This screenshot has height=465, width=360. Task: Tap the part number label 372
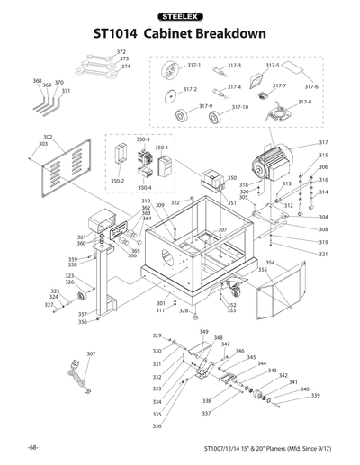click(x=121, y=52)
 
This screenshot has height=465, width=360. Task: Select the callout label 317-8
click(x=304, y=102)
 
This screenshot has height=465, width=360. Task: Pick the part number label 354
click(x=270, y=263)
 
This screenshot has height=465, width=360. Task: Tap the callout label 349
click(x=203, y=332)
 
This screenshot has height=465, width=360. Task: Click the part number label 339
click(x=315, y=396)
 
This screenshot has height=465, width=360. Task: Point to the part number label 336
click(x=157, y=426)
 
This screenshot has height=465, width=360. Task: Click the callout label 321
click(x=323, y=255)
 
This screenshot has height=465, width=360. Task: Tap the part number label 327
click(x=51, y=305)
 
